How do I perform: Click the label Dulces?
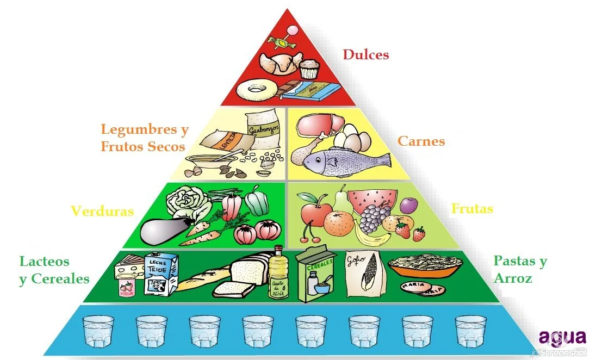coord(365,54)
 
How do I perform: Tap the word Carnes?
coord(421,141)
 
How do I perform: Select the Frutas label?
coord(472,209)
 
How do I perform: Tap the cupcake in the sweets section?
coord(308,70)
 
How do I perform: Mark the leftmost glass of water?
coord(98,331)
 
